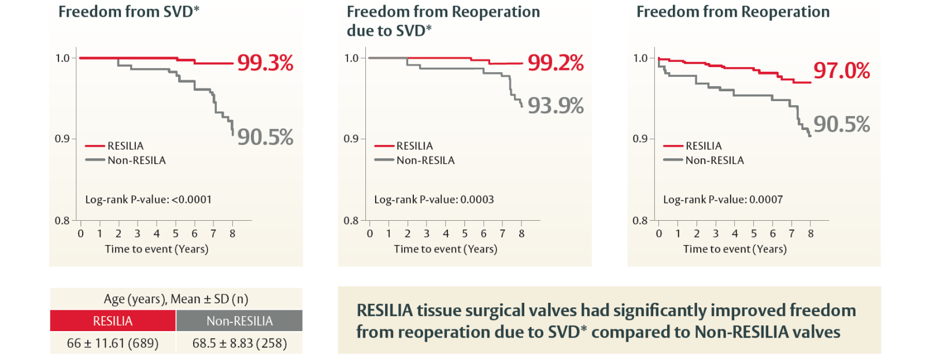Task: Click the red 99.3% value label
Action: tap(265, 63)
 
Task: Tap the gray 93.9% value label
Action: tap(556, 106)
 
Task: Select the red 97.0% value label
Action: tap(841, 71)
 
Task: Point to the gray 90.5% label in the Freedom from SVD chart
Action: tap(265, 138)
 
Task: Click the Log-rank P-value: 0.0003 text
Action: tap(434, 200)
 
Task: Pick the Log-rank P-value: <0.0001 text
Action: tap(148, 200)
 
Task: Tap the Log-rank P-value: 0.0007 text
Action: tap(723, 200)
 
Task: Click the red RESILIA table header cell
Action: tap(113, 321)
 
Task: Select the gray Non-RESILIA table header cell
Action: tap(239, 321)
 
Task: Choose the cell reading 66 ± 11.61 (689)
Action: tap(113, 343)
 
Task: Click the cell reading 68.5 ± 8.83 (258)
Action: tap(239, 343)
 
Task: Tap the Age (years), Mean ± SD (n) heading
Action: tap(176, 299)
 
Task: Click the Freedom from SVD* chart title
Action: tap(128, 12)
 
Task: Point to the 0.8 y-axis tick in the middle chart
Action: tap(351, 221)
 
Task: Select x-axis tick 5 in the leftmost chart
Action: tap(175, 234)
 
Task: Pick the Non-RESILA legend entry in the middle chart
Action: tap(425, 161)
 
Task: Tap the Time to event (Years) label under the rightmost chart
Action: tap(735, 249)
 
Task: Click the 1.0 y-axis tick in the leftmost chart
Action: tap(62, 58)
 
